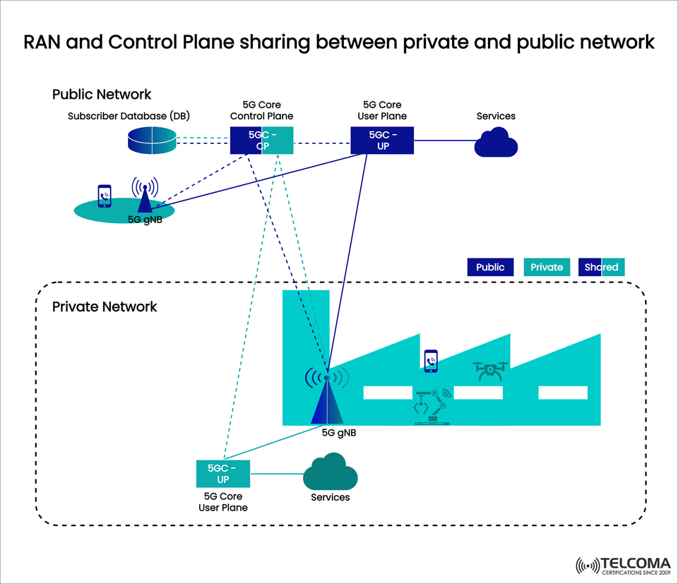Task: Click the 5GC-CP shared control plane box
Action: pos(261,140)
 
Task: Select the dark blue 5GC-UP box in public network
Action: pos(382,140)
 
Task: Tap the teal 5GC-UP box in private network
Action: pos(223,473)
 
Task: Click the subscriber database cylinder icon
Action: pos(151,141)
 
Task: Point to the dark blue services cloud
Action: pos(496,143)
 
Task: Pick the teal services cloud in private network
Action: pos(330,472)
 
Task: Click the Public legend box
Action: pos(490,267)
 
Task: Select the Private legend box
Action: pos(547,267)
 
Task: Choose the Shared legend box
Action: pos(601,267)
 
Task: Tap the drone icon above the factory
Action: pos(491,371)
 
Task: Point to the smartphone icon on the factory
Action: pos(430,361)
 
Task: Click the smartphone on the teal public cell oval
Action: pos(104,196)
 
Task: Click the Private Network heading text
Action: pos(105,307)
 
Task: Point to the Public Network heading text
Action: pos(102,94)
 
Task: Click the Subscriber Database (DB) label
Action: pos(129,116)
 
